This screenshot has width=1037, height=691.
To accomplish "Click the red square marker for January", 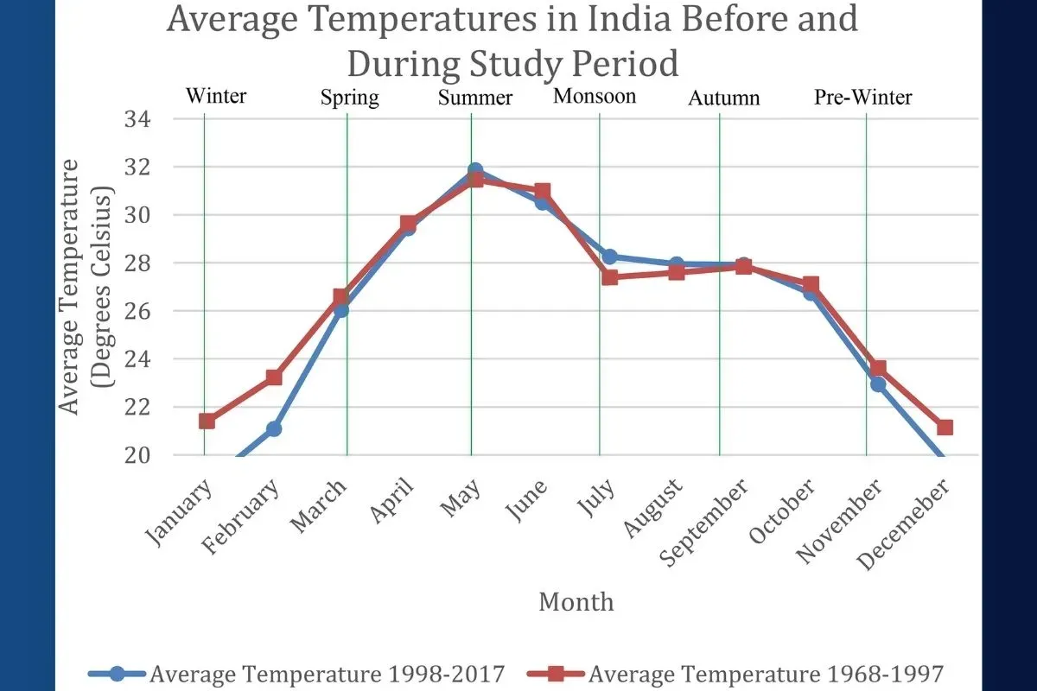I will click(207, 421).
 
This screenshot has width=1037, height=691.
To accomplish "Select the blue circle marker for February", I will click(273, 428).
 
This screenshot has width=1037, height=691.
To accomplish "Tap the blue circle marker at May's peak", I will click(474, 171).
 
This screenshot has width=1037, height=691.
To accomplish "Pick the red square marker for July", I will click(610, 277).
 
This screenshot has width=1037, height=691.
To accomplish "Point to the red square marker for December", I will click(945, 428).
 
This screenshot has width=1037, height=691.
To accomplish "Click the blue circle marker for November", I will click(878, 384).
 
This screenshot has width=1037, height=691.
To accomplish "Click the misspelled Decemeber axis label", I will click(905, 523).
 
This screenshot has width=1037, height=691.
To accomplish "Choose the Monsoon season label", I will click(595, 96).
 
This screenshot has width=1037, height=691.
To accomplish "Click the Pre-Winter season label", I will click(862, 98).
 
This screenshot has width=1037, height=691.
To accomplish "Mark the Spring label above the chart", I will click(349, 98).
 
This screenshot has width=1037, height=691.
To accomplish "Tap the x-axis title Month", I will click(576, 601).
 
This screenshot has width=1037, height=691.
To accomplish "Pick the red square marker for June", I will click(542, 191).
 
